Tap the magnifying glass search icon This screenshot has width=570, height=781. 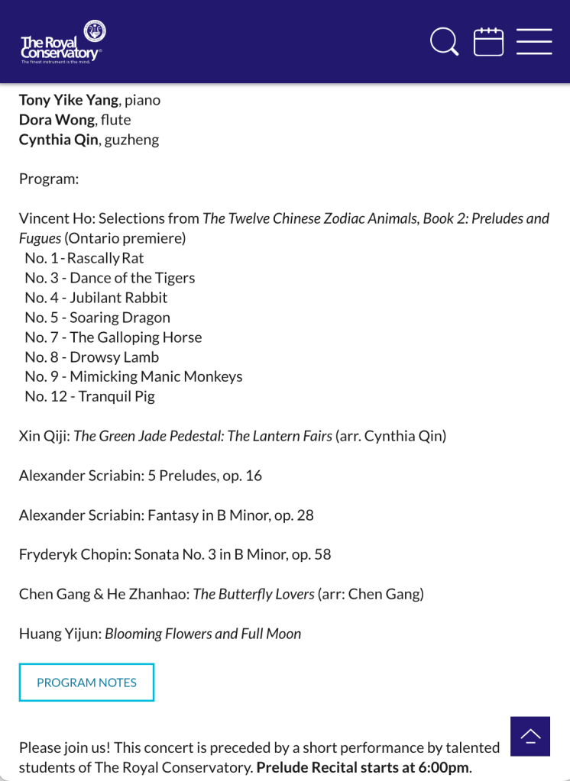point(444,41)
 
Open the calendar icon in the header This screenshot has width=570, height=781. point(488,41)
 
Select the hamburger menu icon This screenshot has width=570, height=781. point(534,41)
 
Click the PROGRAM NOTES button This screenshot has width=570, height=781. point(86,683)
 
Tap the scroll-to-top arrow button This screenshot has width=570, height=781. point(530,736)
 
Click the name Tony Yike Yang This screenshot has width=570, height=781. point(69,100)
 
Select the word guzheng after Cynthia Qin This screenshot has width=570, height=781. point(131,140)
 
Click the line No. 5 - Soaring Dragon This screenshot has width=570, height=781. point(97,318)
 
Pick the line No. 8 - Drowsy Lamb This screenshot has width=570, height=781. point(92,357)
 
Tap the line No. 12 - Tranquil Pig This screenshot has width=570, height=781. point(89,396)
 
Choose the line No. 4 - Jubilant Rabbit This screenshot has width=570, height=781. point(96,298)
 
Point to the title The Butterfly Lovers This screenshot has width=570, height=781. point(253,594)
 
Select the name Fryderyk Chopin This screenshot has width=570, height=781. point(73,554)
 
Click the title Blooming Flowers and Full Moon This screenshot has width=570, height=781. point(202,634)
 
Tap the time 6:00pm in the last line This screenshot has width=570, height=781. point(444,767)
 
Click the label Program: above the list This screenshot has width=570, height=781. point(49,179)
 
